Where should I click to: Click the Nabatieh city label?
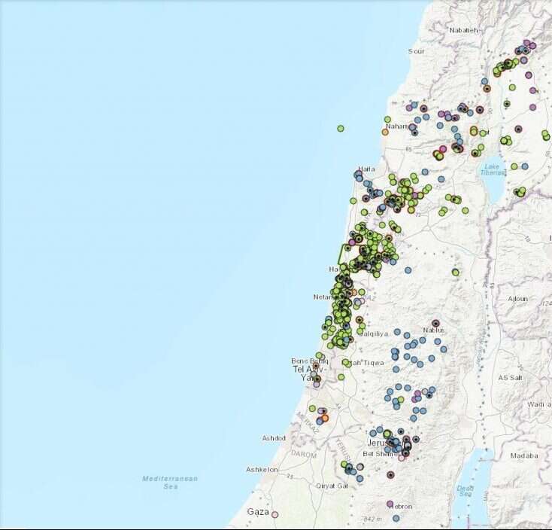coord(463,30)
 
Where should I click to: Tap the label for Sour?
coord(416,51)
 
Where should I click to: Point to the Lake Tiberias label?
coord(492,169)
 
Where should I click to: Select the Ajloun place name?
coord(518,299)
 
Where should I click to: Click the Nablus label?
coord(434,330)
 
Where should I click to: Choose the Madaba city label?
coord(524,455)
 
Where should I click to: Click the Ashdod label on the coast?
coord(274,438)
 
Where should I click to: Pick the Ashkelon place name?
coord(262,470)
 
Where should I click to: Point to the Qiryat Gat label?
coord(331,486)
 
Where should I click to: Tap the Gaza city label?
coord(258,512)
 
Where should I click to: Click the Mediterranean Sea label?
coord(171,482)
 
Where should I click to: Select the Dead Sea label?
coord(465,491)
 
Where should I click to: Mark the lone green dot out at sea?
coord(341,129)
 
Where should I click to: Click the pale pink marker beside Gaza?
coord(274,515)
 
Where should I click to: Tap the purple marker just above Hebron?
coord(390,504)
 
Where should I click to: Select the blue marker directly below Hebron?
coord(396,518)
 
